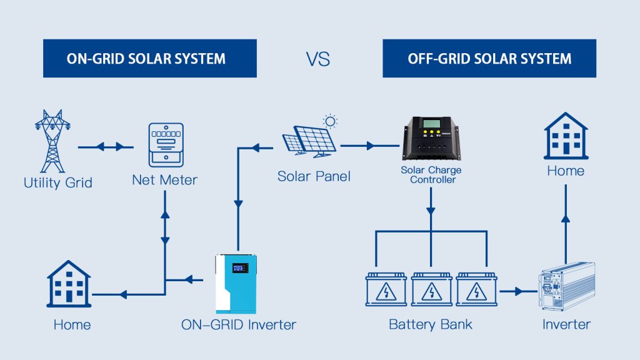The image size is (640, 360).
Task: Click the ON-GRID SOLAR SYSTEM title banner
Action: (x=150, y=58)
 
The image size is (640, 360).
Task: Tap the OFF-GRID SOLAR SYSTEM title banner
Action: (x=489, y=58)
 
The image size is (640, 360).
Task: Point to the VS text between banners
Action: (x=318, y=59)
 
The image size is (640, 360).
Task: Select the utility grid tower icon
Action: (x=52, y=141)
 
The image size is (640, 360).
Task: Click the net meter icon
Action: (x=166, y=145)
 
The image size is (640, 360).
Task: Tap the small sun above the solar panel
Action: (x=330, y=121)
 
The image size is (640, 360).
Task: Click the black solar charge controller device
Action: (x=432, y=138)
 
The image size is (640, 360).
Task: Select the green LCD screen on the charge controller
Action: (x=431, y=124)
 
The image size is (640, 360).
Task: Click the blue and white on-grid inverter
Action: (x=236, y=283)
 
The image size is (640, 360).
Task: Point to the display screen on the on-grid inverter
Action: (x=241, y=267)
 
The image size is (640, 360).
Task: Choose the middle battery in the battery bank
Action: (x=431, y=289)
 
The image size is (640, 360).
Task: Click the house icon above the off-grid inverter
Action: (x=566, y=136)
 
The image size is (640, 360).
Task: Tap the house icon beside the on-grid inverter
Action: (x=69, y=284)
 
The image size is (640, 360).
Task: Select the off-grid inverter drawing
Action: (x=566, y=286)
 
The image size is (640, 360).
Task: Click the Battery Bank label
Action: (x=430, y=324)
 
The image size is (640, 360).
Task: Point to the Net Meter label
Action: (x=165, y=180)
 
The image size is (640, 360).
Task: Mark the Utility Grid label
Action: (x=58, y=182)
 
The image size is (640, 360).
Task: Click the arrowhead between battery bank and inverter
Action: (x=518, y=291)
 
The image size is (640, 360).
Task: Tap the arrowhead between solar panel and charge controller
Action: (x=371, y=146)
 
